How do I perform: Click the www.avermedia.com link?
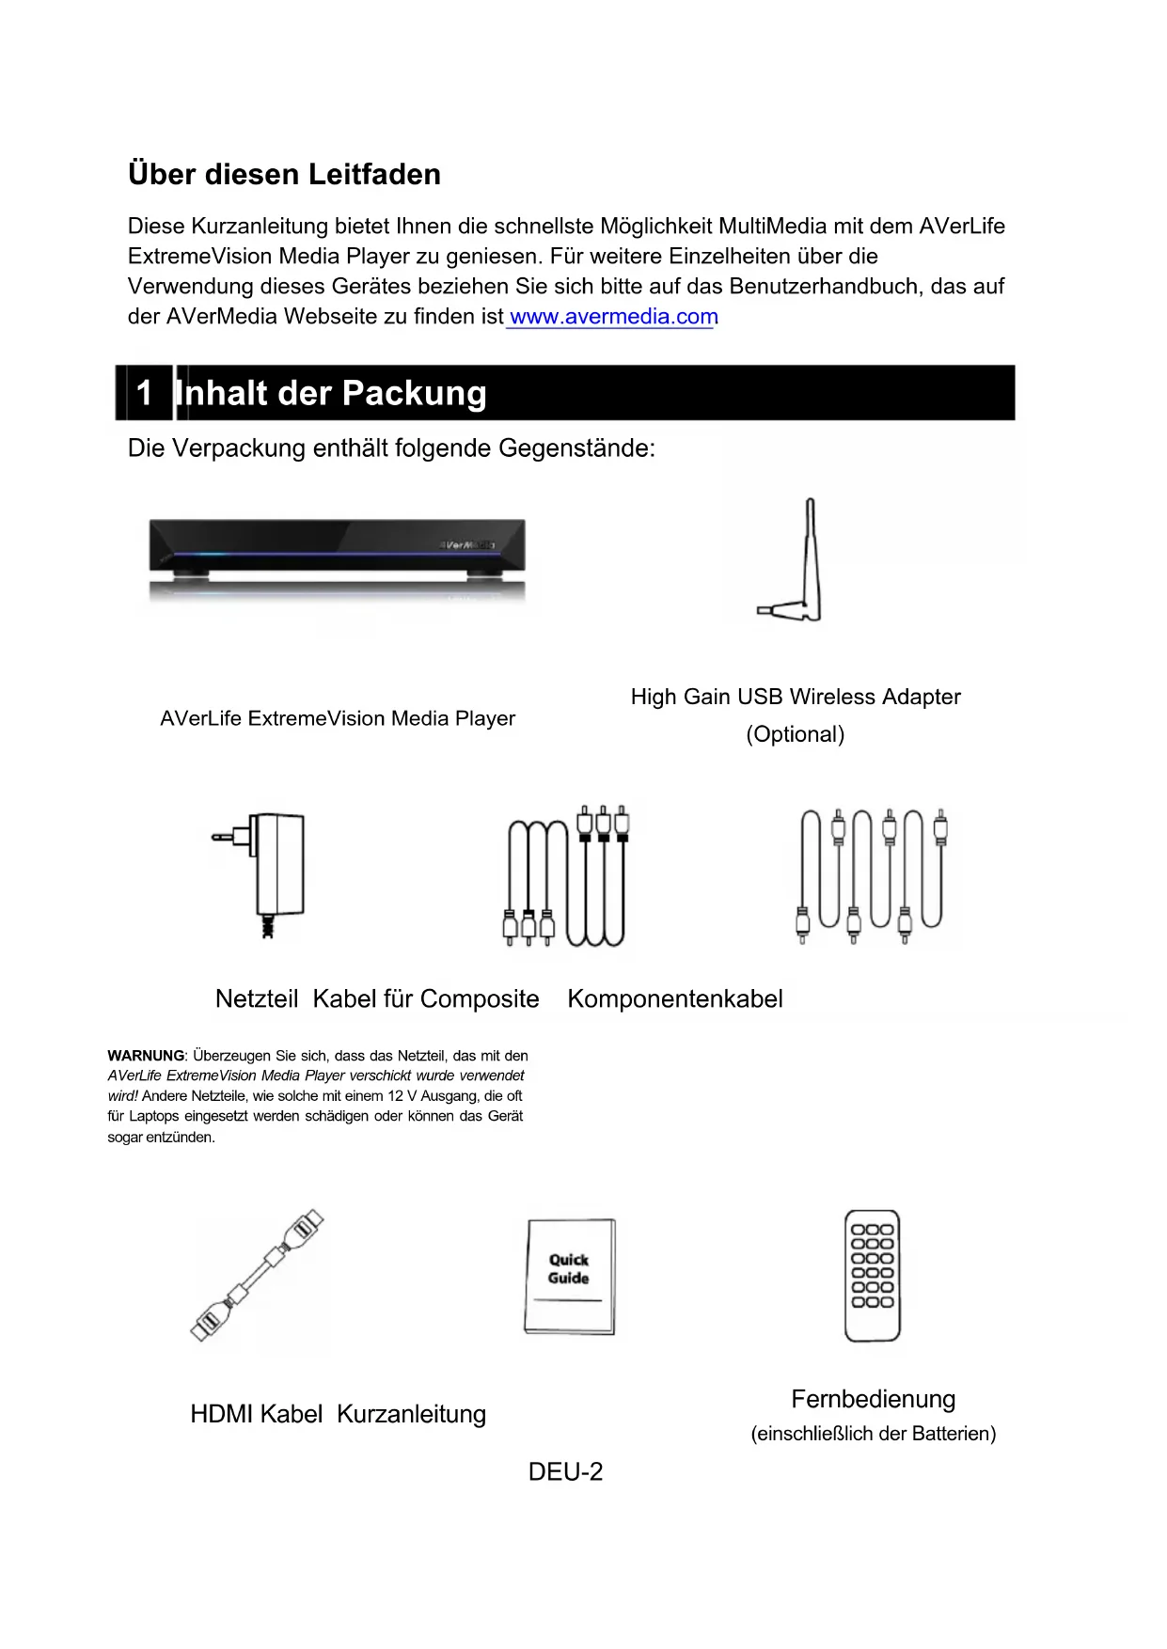point(613,317)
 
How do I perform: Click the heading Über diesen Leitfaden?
point(284,174)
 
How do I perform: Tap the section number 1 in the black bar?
point(144,392)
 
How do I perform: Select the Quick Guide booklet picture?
point(569,1276)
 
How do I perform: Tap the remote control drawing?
point(872,1275)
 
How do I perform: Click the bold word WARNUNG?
point(146,1056)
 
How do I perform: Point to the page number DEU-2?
point(565,1471)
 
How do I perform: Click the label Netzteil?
point(256,998)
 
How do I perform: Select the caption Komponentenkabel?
point(675,998)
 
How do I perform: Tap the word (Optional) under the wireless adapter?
point(796,734)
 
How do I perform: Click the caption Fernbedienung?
point(873,1399)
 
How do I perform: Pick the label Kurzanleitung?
point(411,1414)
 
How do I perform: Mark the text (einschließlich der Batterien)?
point(873,1434)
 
